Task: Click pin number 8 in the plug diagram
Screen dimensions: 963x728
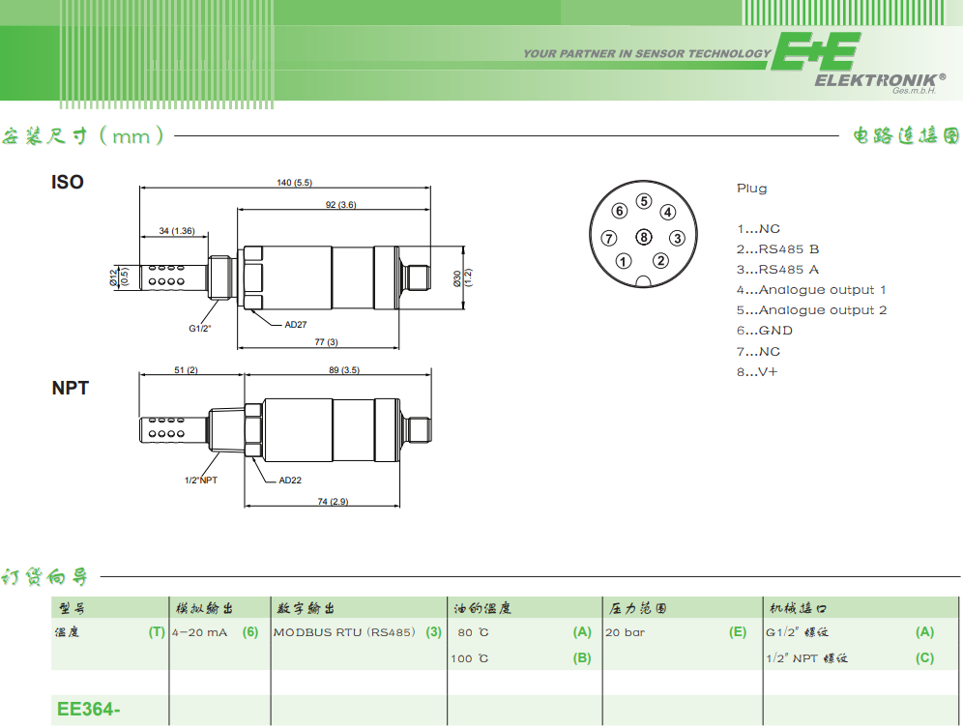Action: (644, 237)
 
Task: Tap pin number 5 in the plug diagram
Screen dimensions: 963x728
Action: (644, 201)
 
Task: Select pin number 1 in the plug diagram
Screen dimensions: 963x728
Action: (624, 261)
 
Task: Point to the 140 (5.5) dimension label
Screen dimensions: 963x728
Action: (294, 183)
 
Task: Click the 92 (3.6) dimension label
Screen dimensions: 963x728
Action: (341, 205)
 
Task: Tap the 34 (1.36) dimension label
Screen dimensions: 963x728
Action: (177, 231)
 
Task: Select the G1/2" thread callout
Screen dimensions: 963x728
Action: (199, 329)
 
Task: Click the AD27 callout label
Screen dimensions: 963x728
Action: (296, 325)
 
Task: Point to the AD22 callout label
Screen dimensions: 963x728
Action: (290, 480)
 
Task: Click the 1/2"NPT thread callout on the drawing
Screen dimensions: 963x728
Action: (201, 480)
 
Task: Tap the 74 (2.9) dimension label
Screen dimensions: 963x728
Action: (333, 502)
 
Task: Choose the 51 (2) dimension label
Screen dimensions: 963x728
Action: (186, 370)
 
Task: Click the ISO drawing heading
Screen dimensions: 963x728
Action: (68, 183)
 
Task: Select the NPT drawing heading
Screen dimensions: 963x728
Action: (70, 389)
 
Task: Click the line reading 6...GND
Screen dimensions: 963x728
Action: (765, 331)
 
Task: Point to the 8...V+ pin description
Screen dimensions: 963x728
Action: (757, 371)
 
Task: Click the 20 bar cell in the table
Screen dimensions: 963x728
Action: (626, 632)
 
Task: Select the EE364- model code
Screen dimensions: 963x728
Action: (88, 709)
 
